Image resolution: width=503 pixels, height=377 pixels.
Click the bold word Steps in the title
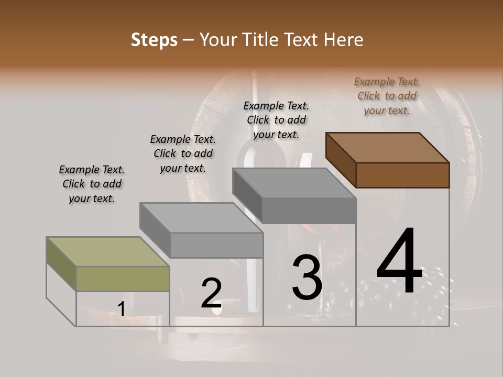pos(154,40)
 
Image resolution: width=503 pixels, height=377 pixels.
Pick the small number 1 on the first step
pos(121,309)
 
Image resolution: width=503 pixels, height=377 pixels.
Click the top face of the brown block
pos(388,147)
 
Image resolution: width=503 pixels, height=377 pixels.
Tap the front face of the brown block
pos(402,175)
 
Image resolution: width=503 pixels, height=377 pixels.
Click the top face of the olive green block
pos(108,252)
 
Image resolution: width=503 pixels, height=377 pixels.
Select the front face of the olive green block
pos(123,279)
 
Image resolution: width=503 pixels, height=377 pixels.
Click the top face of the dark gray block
pos(294,183)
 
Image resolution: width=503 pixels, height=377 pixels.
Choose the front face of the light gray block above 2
pos(216,245)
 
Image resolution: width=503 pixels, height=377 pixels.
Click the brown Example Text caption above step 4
pos(387,96)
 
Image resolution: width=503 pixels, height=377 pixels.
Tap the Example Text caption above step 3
pos(276,120)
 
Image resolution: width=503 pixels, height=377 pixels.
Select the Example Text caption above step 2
pos(183,153)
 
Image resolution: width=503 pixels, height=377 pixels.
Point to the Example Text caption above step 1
pos(92,184)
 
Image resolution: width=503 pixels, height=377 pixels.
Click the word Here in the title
pos(343,40)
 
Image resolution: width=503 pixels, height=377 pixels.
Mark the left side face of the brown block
pos(341,160)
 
